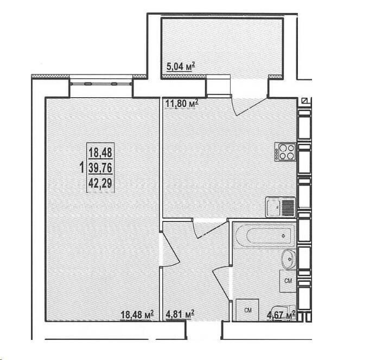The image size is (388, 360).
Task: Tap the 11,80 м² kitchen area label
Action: [x=182, y=103]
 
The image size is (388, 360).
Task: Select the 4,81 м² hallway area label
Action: [x=180, y=314]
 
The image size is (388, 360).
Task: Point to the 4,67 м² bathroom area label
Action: [x=281, y=315]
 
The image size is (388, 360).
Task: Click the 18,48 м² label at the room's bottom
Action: [x=137, y=314]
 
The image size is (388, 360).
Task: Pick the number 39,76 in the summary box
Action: [x=100, y=168]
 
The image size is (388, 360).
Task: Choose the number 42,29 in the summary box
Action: [x=100, y=183]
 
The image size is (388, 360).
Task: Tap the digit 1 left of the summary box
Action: [x=82, y=168]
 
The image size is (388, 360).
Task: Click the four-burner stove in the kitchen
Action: [x=285, y=152]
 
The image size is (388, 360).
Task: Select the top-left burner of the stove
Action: [x=282, y=148]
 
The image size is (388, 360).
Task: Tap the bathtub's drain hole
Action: [x=283, y=236]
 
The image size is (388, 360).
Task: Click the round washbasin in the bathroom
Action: [x=289, y=259]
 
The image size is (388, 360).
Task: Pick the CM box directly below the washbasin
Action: [x=288, y=281]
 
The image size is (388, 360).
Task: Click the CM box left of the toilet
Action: [x=247, y=310]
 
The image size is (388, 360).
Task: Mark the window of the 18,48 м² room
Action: [x=101, y=84]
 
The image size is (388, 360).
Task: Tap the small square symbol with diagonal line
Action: [x=304, y=101]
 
